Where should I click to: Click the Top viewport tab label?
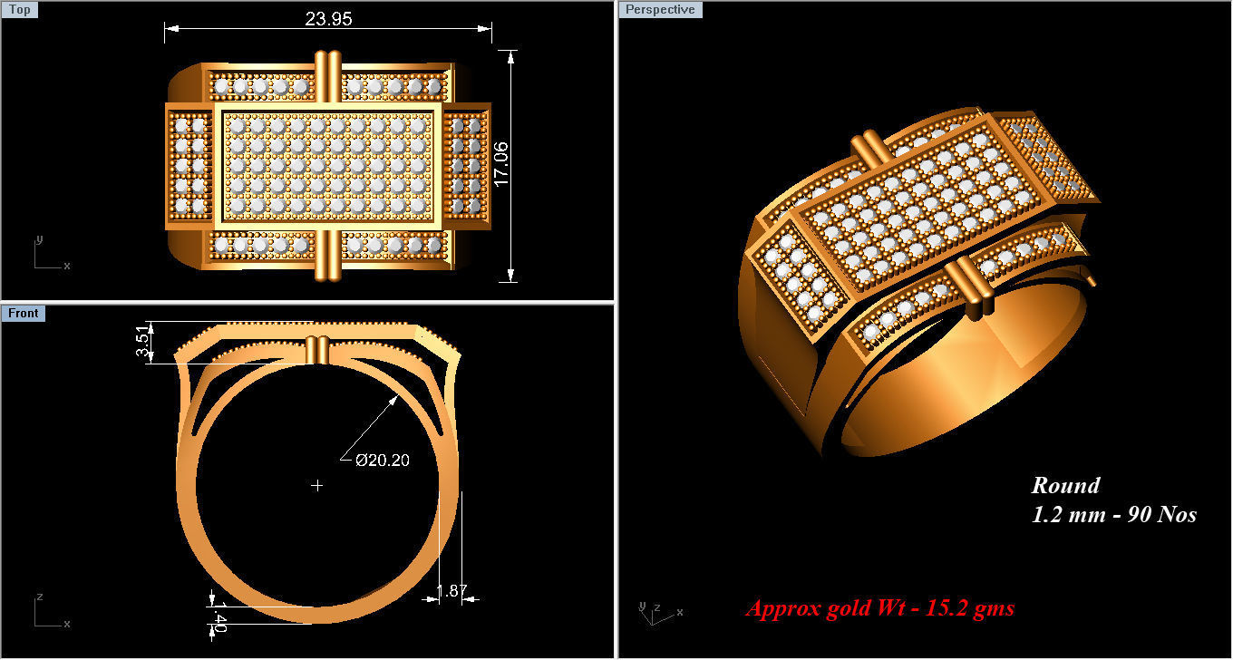click(x=20, y=10)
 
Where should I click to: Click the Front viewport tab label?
click(x=24, y=314)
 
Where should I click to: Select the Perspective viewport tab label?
click(x=660, y=10)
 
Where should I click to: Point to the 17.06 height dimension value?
click(x=501, y=164)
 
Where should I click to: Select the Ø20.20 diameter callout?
click(x=382, y=461)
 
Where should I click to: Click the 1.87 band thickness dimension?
click(x=451, y=592)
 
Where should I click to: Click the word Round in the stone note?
click(x=1065, y=486)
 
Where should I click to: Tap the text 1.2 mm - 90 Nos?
click(x=1114, y=515)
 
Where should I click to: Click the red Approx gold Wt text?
click(x=879, y=608)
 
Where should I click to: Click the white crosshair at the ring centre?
click(x=317, y=486)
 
